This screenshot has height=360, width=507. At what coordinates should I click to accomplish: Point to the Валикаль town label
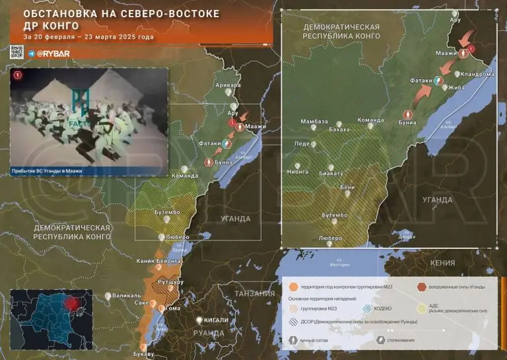(x=126, y=295)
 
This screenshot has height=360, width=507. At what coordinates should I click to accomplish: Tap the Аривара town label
(x=228, y=85)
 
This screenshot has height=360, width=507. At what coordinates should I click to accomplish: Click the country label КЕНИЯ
(x=442, y=262)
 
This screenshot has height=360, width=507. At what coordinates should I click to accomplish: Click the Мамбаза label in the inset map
(x=314, y=122)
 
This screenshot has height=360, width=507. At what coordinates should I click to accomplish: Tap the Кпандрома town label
(x=477, y=74)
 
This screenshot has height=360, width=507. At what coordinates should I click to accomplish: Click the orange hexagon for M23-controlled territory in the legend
(x=294, y=287)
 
